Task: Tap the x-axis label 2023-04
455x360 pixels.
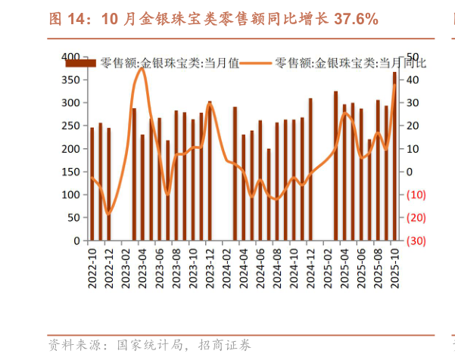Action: pyautogui.click(x=142, y=268)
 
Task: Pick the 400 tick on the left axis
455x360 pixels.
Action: pyautogui.click(x=70, y=57)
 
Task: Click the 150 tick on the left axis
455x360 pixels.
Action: pyautogui.click(x=70, y=172)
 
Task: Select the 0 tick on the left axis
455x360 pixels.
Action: pyautogui.click(x=76, y=241)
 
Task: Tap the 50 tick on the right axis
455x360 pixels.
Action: pyautogui.click(x=413, y=57)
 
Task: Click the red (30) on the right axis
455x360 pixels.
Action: pyautogui.click(x=415, y=241)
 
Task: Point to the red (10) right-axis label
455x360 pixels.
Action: pyautogui.click(x=415, y=194)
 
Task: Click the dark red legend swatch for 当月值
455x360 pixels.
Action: pyautogui.click(x=81, y=64)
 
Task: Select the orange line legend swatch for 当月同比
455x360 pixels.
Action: pyautogui.click(x=258, y=64)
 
